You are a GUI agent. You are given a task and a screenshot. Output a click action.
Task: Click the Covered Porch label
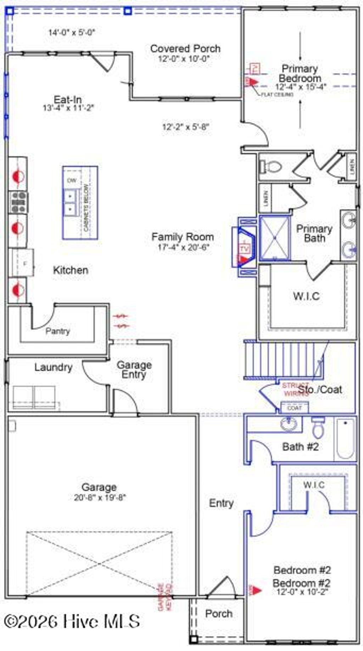185,49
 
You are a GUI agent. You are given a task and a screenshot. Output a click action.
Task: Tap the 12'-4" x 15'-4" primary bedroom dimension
300,87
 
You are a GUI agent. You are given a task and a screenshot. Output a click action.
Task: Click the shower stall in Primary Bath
275,237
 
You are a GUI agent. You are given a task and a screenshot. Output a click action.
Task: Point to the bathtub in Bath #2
345,438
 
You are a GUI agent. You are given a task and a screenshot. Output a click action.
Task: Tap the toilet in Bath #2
318,428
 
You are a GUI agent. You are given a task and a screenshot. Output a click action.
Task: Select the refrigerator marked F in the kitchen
23,263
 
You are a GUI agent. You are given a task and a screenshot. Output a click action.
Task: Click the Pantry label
57,331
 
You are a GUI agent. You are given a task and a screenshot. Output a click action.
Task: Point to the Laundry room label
53,367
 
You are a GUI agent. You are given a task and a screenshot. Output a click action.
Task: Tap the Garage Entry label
134,369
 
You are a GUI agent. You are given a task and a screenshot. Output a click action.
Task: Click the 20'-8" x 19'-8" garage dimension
100,497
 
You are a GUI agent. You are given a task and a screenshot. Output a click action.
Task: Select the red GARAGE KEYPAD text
165,597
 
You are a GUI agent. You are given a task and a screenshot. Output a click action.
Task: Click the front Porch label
219,613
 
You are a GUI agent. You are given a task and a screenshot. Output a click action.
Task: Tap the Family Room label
183,237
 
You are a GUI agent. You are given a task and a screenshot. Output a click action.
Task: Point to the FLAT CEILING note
277,95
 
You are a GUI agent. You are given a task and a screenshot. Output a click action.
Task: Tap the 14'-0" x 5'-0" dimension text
72,33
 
